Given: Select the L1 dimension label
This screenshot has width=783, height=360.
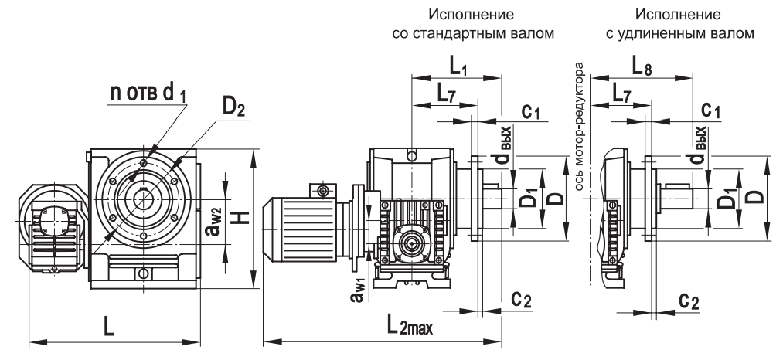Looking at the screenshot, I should pyautogui.click(x=456, y=66).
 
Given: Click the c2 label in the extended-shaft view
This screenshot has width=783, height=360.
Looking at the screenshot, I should pyautogui.click(x=689, y=300).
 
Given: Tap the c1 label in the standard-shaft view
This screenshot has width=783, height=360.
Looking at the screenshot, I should pyautogui.click(x=529, y=111).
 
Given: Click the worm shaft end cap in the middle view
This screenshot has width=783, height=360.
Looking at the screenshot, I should pyautogui.click(x=410, y=246).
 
